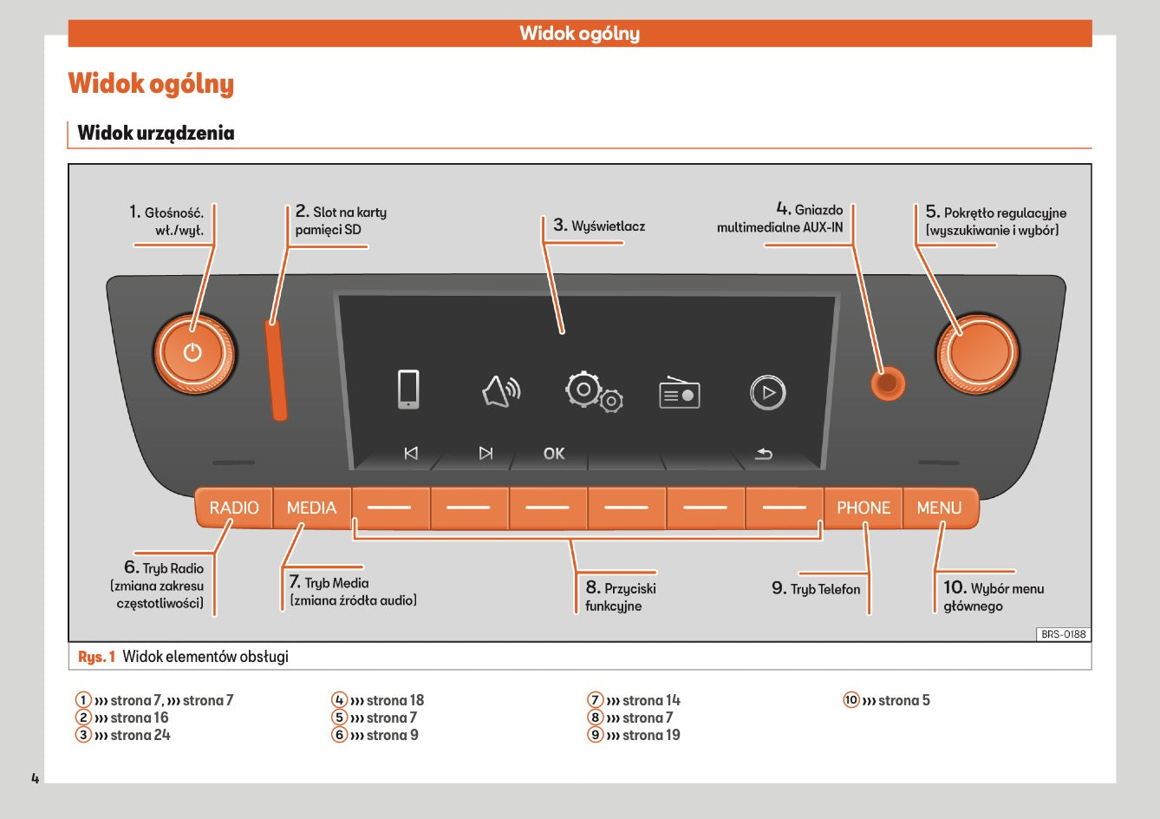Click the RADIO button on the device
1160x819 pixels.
(x=234, y=508)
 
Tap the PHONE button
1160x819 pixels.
(x=863, y=508)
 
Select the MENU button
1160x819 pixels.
(x=939, y=508)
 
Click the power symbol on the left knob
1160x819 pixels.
(x=192, y=352)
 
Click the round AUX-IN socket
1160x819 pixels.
(x=887, y=383)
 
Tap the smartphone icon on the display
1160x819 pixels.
(x=407, y=390)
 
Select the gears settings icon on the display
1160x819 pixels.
(x=594, y=392)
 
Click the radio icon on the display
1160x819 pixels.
(x=680, y=393)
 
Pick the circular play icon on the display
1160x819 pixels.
(x=767, y=392)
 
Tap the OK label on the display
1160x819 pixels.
(x=553, y=454)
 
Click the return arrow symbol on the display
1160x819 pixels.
(x=763, y=454)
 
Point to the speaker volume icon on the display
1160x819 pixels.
(x=501, y=391)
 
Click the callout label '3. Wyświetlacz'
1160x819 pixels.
(x=599, y=226)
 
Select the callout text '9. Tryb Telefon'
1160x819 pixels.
(x=816, y=588)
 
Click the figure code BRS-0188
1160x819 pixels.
(x=1063, y=634)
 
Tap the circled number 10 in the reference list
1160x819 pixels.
(x=850, y=700)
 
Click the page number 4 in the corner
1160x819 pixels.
(x=36, y=777)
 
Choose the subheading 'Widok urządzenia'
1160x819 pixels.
(x=156, y=133)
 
